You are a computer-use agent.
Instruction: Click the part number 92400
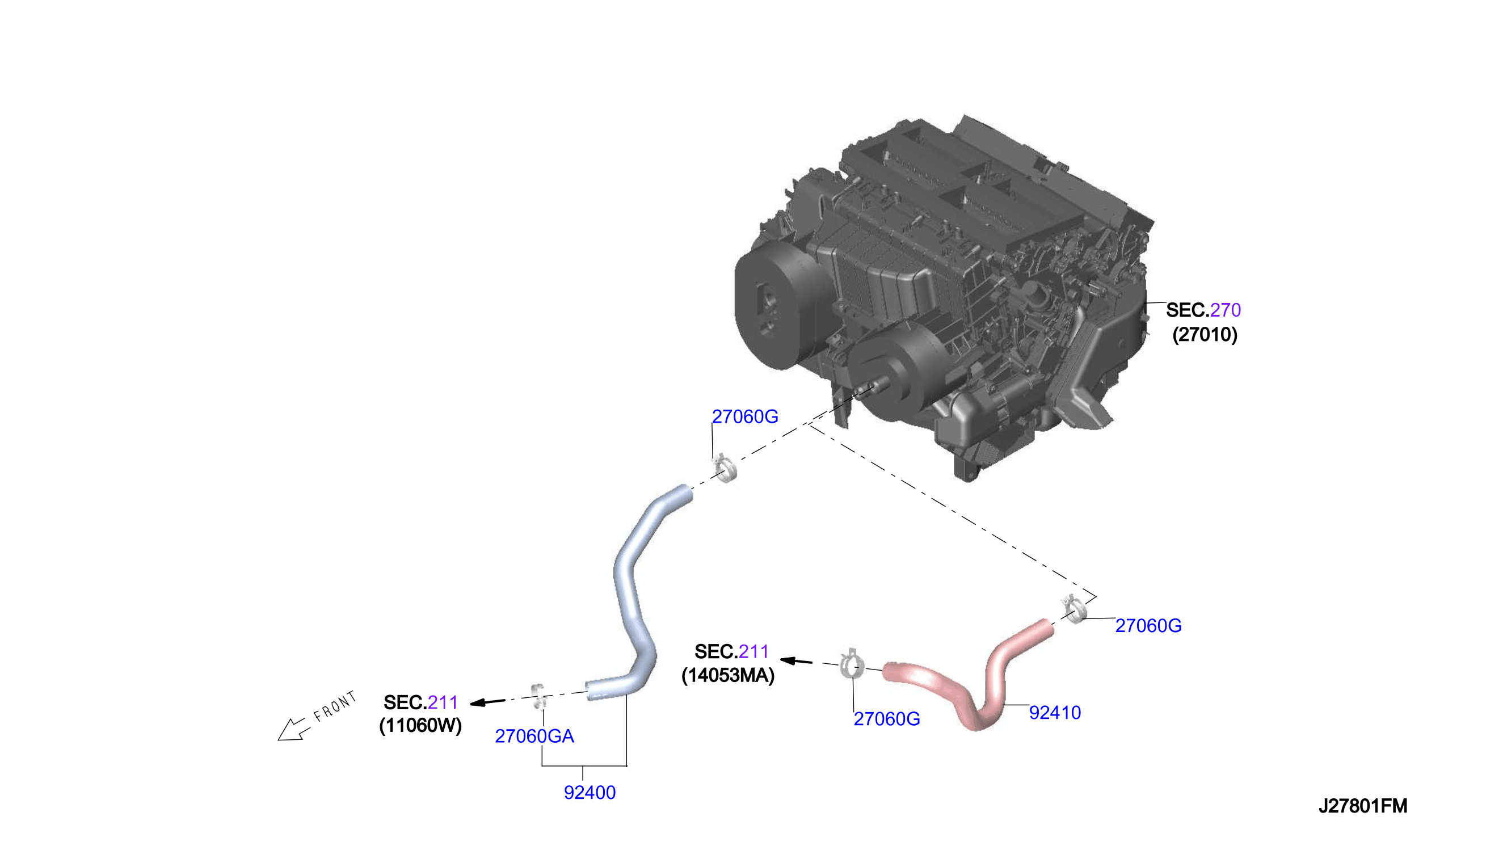[x=589, y=792]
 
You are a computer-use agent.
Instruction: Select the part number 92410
[x=1055, y=713]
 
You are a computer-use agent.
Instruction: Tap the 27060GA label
[x=534, y=735]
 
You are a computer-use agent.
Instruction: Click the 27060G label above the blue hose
[x=745, y=416]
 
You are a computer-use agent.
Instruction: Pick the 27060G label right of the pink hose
[x=1148, y=626]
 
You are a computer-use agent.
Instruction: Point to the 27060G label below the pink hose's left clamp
[x=887, y=719]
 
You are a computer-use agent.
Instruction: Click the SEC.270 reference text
[x=1203, y=310]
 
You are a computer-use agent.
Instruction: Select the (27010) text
[x=1205, y=334]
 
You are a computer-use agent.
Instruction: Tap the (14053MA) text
[x=728, y=675]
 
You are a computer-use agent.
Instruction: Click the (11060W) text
[x=420, y=725]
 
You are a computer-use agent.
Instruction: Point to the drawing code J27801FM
[x=1363, y=806]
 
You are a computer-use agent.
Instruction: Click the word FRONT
[x=335, y=707]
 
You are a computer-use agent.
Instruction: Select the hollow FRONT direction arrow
[x=293, y=730]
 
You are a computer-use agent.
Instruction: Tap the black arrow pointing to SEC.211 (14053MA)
[x=796, y=661]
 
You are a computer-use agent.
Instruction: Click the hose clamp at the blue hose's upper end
[x=725, y=468]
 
